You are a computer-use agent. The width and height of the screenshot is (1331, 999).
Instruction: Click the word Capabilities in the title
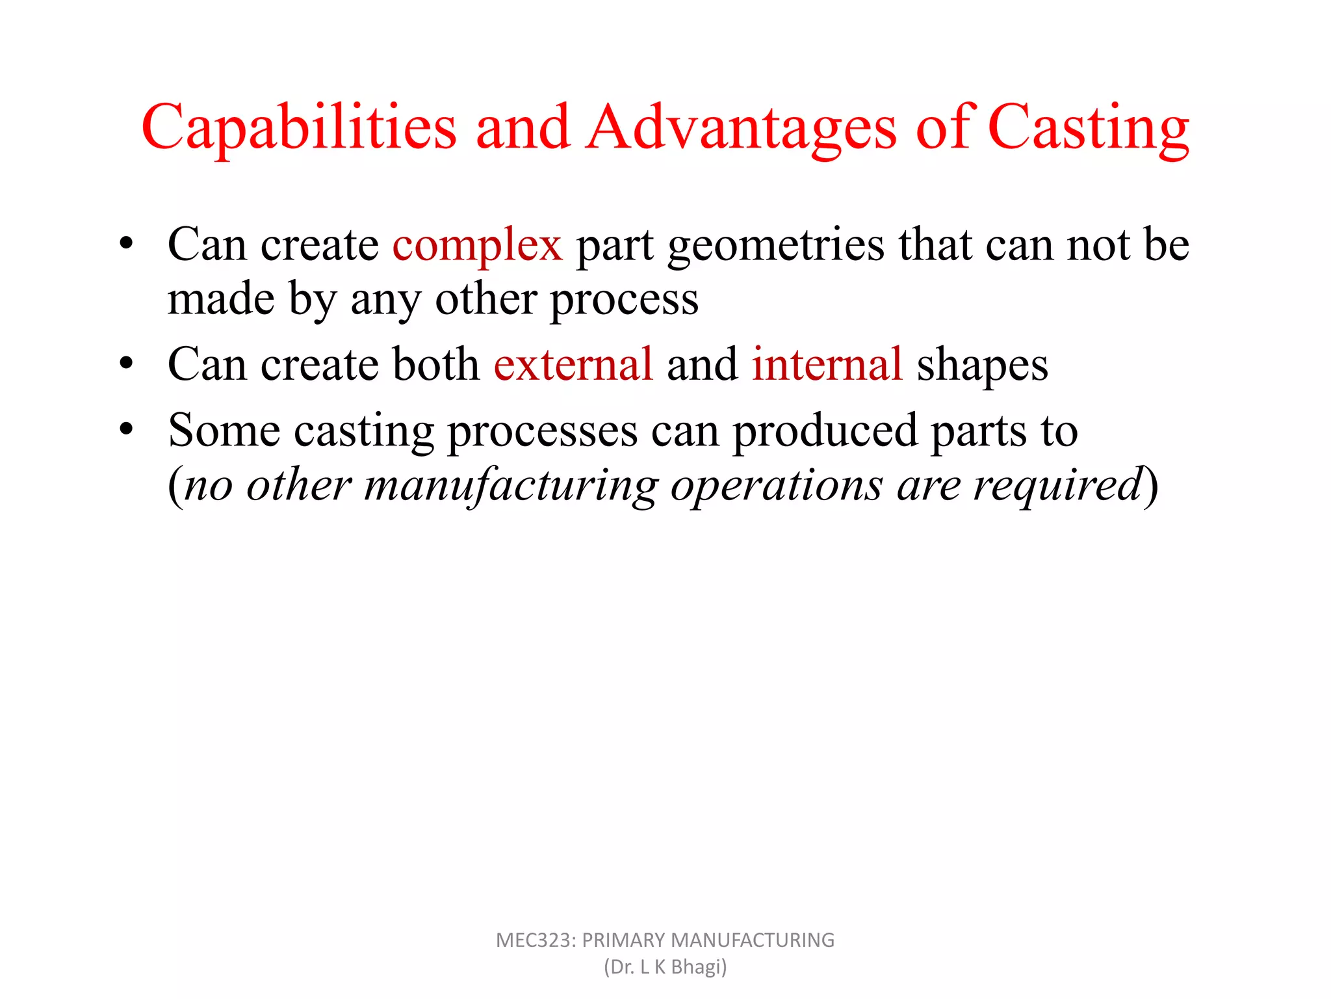tap(299, 127)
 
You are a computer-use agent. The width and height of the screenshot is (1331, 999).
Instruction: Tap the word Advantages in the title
tap(742, 127)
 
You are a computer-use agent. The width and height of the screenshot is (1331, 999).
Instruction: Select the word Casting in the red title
tap(1088, 127)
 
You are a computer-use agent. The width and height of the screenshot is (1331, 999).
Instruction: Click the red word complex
tap(477, 245)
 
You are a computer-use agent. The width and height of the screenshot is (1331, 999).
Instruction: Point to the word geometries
tap(776, 245)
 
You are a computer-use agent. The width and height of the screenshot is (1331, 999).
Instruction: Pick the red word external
tap(573, 364)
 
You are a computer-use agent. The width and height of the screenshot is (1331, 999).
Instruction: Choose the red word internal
tap(827, 364)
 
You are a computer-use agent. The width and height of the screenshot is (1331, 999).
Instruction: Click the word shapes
tap(982, 366)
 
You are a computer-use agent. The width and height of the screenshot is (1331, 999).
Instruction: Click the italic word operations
tap(777, 486)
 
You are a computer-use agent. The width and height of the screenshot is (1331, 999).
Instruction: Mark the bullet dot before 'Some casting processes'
tap(126, 429)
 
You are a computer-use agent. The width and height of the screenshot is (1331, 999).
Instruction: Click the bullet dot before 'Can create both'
tap(126, 363)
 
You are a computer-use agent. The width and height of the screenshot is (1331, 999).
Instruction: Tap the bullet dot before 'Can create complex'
tap(126, 244)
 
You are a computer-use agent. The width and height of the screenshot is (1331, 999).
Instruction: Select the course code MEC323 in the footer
tap(535, 940)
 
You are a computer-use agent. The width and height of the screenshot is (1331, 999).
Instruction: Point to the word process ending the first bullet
tap(624, 300)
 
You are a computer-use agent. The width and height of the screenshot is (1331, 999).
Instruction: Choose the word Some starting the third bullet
tap(224, 431)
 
